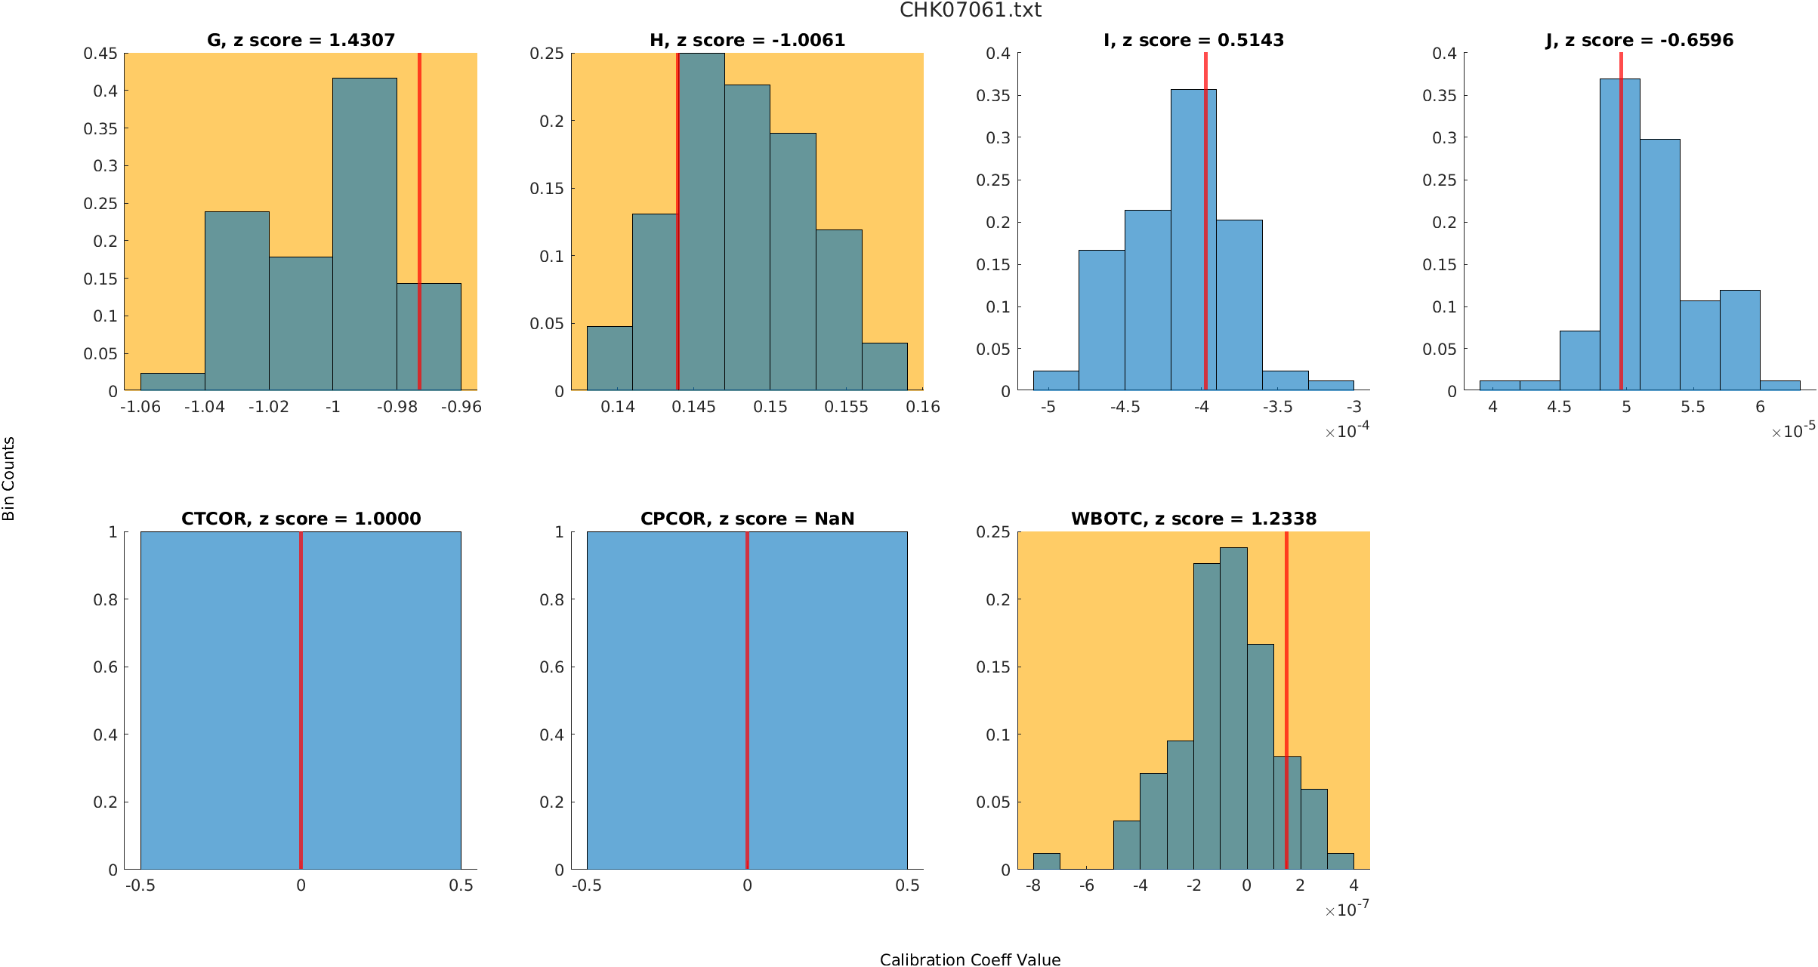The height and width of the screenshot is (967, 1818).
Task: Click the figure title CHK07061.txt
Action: coord(970,11)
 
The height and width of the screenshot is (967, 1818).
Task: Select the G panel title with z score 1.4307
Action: coord(301,41)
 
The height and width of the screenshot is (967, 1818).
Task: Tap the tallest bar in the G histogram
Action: coord(364,234)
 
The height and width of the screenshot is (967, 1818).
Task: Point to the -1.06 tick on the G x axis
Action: coord(140,408)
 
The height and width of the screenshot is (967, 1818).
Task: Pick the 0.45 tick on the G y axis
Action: coord(100,54)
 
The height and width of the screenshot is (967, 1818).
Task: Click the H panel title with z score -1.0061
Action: coord(747,41)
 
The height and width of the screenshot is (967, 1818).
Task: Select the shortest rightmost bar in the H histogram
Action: coord(884,367)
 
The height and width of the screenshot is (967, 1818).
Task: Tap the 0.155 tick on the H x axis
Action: coord(846,408)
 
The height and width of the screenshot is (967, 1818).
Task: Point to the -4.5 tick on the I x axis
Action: coord(1125,408)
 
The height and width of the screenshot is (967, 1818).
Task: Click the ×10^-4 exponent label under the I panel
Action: coord(1347,431)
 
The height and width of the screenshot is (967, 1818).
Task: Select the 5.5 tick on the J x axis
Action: coord(1693,408)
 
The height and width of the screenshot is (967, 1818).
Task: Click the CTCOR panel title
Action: coord(301,519)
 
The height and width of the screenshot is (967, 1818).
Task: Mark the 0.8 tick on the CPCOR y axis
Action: coord(551,600)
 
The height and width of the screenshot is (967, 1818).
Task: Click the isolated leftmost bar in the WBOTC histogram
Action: coord(1046,861)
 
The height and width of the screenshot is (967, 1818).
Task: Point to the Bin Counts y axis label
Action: coord(9,479)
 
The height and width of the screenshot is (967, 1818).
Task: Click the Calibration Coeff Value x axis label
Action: coord(970,959)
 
